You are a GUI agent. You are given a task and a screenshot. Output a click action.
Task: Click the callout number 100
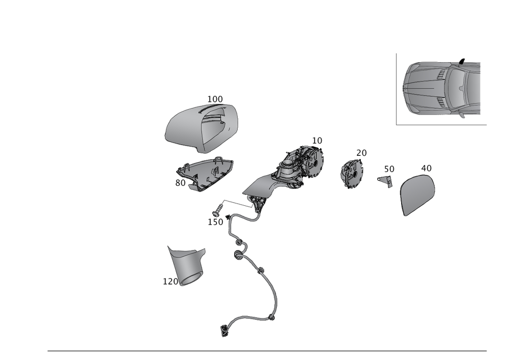215,98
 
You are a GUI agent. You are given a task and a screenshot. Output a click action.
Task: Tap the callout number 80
180,182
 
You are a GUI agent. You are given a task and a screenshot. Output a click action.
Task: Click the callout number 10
317,140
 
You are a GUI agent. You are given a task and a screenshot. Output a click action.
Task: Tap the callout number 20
361,153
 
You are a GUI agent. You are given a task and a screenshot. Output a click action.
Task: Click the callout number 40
426,168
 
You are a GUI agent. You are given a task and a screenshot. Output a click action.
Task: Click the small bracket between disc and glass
386,180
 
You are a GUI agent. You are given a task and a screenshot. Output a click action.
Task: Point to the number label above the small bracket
389,168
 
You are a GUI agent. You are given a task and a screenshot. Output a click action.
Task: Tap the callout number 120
169,281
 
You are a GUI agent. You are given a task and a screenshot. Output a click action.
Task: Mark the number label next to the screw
215,222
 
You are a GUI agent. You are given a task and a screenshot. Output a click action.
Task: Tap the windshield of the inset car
458,88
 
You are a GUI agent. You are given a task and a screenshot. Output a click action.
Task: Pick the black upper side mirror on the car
462,61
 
